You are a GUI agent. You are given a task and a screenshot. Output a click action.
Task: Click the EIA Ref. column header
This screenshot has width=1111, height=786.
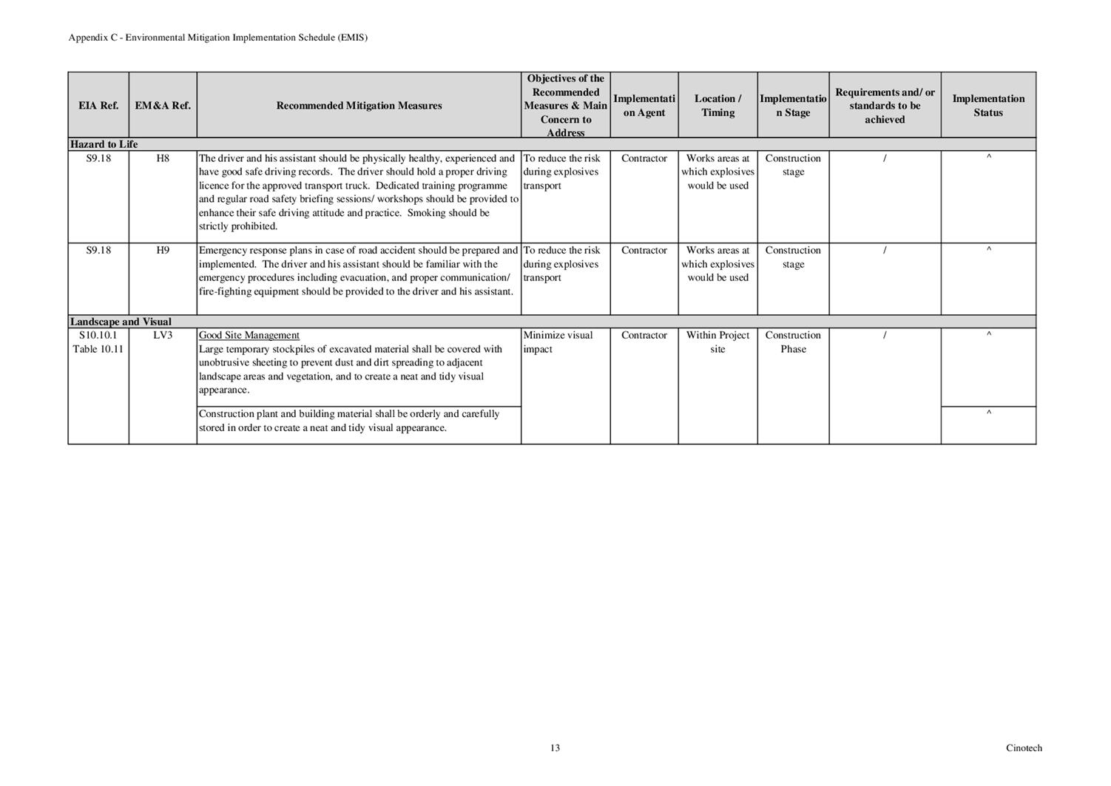point(98,106)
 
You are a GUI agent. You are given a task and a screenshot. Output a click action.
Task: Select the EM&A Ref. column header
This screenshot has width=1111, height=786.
point(163,106)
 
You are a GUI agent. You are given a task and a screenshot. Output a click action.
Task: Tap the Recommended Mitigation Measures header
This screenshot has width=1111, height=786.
point(359,106)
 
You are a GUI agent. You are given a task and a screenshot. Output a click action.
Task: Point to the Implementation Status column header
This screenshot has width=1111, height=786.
point(988,106)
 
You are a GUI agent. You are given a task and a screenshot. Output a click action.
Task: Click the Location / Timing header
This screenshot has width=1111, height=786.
point(717,106)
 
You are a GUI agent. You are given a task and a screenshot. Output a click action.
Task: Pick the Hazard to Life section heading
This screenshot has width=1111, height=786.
point(104,144)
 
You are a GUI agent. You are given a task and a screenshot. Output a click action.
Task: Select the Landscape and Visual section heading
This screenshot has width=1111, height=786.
point(121,322)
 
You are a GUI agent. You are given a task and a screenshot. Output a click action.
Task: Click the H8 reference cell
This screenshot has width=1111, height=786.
point(163,158)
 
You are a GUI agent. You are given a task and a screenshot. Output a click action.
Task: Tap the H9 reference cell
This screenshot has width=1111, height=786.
point(163,250)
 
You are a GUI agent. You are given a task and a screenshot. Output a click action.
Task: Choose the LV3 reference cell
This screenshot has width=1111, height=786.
point(163,335)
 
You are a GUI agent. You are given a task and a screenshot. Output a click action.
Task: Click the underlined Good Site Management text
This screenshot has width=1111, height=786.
point(249,336)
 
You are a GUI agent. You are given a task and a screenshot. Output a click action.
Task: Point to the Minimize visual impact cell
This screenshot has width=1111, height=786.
point(558,342)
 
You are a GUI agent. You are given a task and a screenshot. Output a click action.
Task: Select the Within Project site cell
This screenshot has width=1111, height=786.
point(717,342)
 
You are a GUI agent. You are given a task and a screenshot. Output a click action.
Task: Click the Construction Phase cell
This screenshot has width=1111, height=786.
point(793,342)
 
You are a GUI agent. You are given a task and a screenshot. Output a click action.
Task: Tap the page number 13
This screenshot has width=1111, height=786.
point(555,748)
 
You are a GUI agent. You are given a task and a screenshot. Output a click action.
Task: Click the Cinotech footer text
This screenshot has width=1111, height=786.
point(1024,748)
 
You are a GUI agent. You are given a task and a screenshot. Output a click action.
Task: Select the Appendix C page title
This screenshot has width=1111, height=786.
point(218,38)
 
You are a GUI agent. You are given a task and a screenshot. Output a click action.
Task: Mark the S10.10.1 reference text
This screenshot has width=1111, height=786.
point(98,335)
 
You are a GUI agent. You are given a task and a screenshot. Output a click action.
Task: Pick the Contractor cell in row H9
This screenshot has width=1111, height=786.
point(644,250)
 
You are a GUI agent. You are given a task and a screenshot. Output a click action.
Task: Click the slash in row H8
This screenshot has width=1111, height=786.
point(885,158)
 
